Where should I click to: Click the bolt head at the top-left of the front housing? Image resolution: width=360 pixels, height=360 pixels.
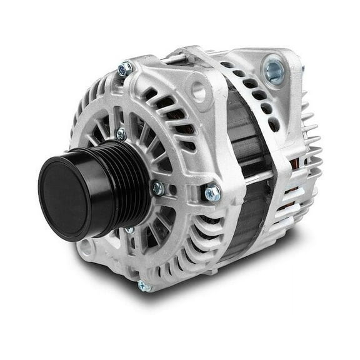125,68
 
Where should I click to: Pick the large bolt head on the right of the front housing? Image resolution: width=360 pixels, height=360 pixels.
212,193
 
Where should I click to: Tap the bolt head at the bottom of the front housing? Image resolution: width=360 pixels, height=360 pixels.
144,286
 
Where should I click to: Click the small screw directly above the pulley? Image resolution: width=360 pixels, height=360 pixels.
121,134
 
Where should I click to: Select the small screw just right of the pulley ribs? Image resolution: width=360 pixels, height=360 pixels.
157,187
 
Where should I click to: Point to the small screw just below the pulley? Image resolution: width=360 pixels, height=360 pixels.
129,230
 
